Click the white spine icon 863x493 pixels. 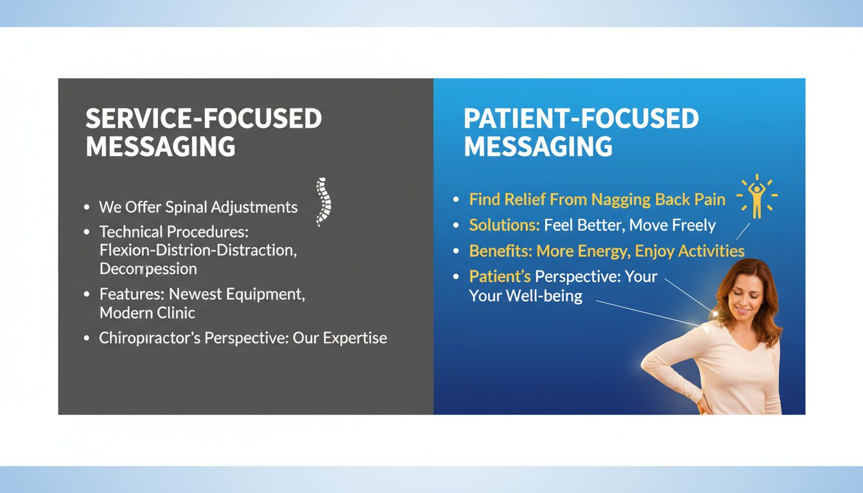coord(324,202)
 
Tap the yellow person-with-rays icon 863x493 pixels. coord(757,196)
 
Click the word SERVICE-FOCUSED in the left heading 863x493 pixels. coord(204,119)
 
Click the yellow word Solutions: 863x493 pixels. coord(504,225)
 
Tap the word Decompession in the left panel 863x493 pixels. coord(148,269)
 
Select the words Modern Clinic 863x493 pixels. coord(147,313)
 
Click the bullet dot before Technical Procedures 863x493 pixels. coord(87,232)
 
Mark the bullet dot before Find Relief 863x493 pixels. coord(456,200)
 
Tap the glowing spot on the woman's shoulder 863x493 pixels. coord(711,315)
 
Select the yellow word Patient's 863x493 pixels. coord(500,277)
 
